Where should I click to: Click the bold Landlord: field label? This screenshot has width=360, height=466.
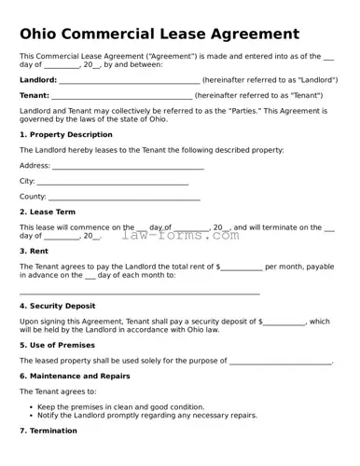(37, 80)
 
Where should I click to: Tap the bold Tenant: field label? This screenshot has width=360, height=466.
(35, 95)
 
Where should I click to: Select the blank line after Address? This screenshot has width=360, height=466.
(128, 167)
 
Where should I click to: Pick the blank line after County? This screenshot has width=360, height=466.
(124, 198)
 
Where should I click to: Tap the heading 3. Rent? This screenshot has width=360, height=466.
(34, 251)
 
